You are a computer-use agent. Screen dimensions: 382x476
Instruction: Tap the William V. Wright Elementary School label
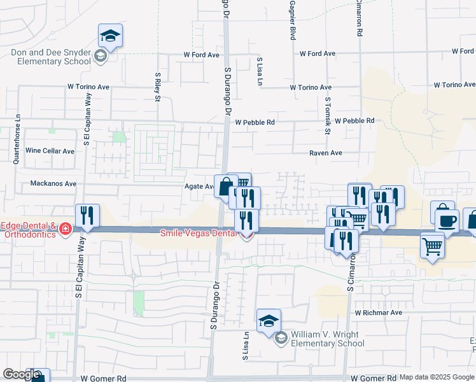(327, 339)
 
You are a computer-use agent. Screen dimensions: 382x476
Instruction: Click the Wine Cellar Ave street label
(50, 151)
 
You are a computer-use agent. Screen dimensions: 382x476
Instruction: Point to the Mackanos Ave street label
(53, 183)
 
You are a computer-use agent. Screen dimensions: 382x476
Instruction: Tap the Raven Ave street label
(326, 153)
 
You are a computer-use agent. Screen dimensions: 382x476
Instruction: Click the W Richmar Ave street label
(379, 313)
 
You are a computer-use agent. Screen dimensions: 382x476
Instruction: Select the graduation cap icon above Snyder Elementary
(111, 36)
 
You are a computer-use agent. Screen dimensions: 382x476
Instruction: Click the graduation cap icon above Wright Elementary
(269, 320)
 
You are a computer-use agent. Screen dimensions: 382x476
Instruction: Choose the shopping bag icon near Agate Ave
(225, 187)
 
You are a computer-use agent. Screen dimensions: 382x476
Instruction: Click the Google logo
(21, 374)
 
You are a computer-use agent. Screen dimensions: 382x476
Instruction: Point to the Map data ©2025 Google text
(437, 377)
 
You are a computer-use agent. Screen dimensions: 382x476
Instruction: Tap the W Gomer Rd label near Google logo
(103, 378)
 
